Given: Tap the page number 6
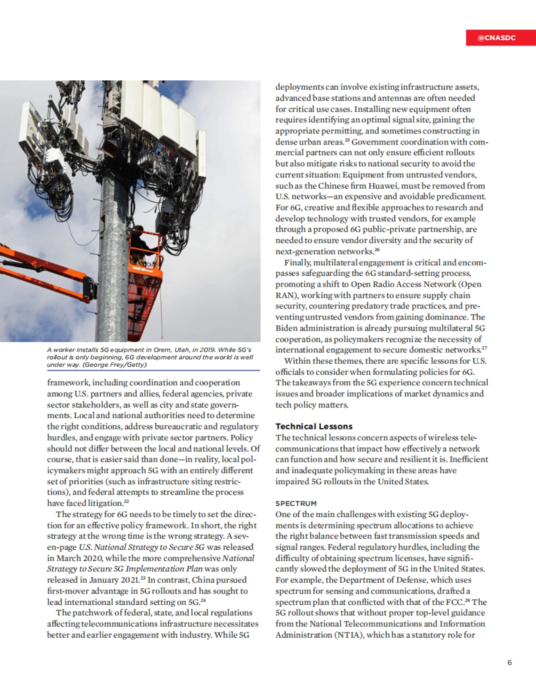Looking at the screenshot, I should tap(510, 662).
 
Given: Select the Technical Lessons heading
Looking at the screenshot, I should tap(314, 426).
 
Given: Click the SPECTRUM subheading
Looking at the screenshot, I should tap(296, 503).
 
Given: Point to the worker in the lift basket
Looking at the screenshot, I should tap(142, 243).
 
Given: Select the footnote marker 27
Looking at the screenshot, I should tap(484, 348).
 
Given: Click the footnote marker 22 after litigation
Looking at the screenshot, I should tap(126, 502).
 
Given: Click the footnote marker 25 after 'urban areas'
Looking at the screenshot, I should tap(347, 140).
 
